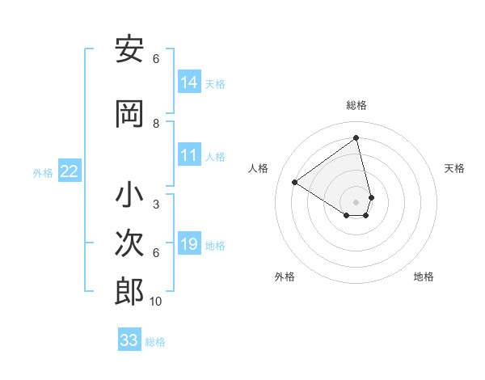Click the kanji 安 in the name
[129, 51]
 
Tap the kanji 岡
[129, 115]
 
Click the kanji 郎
[129, 292]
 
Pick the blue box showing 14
[189, 82]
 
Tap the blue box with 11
[189, 156]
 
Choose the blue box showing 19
[189, 245]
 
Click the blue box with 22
[70, 171]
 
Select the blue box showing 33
[129, 340]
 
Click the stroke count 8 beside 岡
[156, 124]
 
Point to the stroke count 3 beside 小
[156, 205]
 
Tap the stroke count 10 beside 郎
[156, 302]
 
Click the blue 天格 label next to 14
[215, 84]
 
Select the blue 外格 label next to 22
[43, 172]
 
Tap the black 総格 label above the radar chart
[356, 105]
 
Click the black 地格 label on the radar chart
[424, 277]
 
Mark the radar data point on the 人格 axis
[295, 182]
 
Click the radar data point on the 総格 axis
[356, 137]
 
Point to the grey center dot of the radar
[356, 201]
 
